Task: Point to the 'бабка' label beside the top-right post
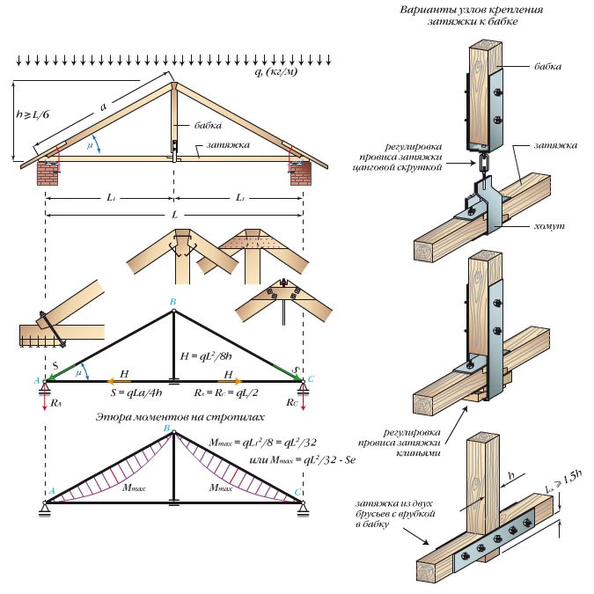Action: (548, 66)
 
